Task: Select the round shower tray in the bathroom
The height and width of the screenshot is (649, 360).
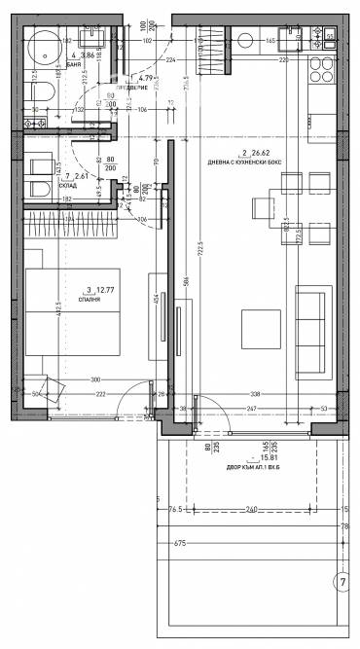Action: click(x=45, y=46)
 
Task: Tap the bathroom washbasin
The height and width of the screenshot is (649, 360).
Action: click(x=98, y=39)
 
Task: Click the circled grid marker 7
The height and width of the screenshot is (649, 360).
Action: click(x=342, y=584)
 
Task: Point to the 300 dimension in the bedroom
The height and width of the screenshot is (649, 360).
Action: click(x=96, y=379)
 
